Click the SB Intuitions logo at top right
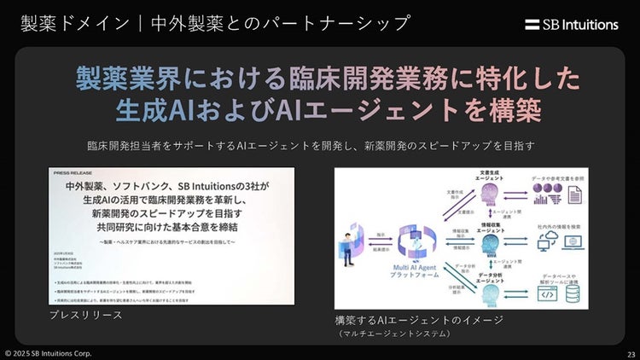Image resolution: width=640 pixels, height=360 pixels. pyautogui.click(x=572, y=25)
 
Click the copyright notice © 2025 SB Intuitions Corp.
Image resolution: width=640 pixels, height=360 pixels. pyautogui.click(x=49, y=353)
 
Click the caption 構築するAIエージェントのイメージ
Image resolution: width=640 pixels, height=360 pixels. pyautogui.click(x=418, y=320)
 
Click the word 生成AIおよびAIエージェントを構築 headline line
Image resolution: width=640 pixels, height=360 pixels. pyautogui.click(x=328, y=113)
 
